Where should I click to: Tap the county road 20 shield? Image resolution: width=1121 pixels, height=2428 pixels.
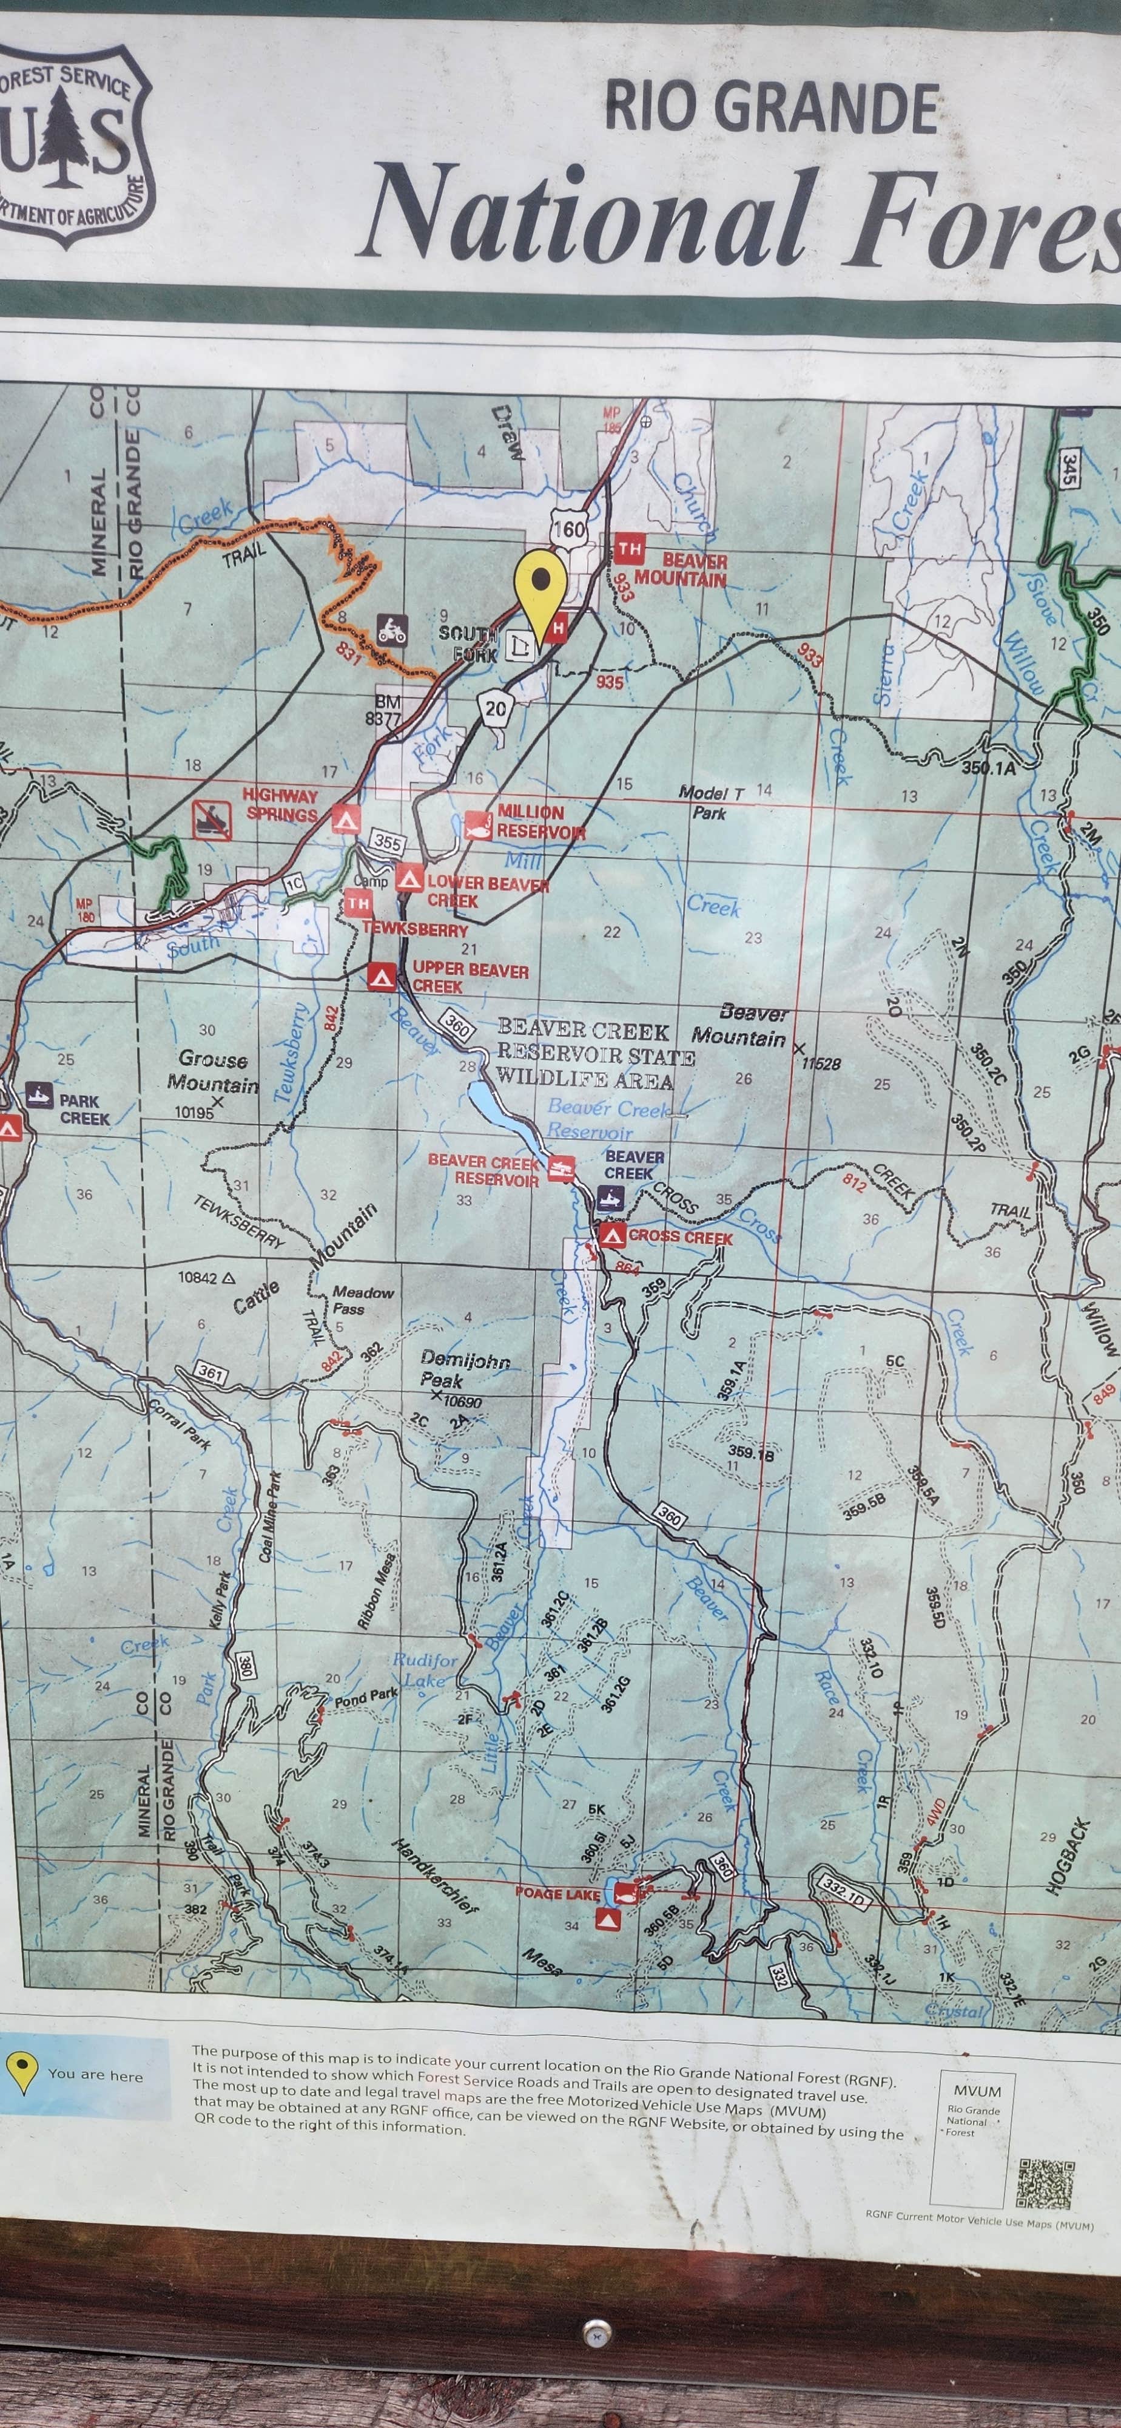point(496,710)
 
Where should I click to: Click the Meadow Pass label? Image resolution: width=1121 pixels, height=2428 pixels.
point(361,1300)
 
